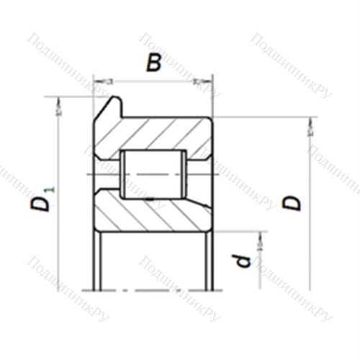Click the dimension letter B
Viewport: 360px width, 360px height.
(153, 65)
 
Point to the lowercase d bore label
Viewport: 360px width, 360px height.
(245, 259)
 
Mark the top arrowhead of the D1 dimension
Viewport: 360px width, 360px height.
(58, 105)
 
